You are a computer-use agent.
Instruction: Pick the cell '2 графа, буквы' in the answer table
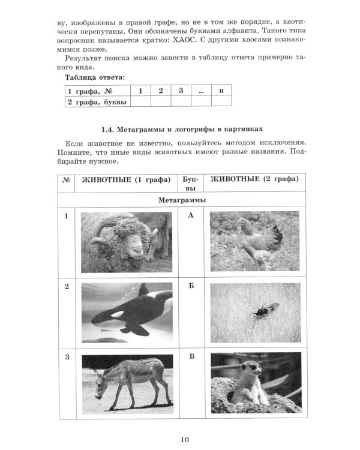(97, 101)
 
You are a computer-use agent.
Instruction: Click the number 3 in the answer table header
(181, 91)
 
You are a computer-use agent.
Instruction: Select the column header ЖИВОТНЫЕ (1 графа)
(126, 179)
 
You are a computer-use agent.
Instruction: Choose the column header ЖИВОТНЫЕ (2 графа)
(253, 179)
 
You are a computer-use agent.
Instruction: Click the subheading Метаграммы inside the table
(181, 199)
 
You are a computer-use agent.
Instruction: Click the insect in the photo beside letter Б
(263, 311)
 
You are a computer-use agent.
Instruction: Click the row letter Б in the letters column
(191, 286)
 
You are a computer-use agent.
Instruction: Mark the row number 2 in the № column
(67, 286)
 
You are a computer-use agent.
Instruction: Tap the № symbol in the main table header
(67, 180)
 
